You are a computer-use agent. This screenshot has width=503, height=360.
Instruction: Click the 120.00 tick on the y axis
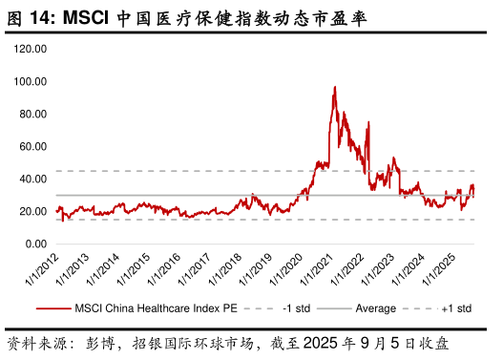click(32, 49)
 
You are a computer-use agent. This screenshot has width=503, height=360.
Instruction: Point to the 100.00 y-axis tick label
click(32, 81)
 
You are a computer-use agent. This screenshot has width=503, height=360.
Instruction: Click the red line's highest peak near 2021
click(334, 87)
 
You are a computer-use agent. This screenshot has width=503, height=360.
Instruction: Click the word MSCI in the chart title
click(91, 17)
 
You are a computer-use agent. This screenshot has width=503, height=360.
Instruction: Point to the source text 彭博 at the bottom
click(96, 342)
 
